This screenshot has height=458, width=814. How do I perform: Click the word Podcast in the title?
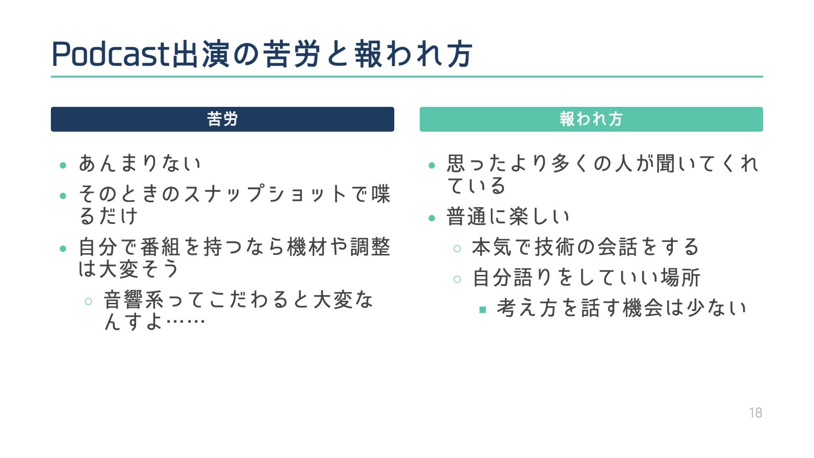click(x=110, y=54)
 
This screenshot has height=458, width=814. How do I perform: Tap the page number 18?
click(x=755, y=413)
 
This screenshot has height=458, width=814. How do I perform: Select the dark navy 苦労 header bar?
click(x=222, y=119)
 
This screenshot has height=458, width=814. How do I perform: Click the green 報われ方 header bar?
click(x=591, y=119)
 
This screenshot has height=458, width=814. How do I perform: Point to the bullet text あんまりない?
click(x=139, y=164)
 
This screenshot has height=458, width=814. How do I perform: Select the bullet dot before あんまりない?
click(x=63, y=165)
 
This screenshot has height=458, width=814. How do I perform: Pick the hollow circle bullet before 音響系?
click(x=88, y=302)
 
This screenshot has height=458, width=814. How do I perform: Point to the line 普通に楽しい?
click(x=508, y=217)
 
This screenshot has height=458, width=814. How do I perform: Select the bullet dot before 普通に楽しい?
click(x=432, y=218)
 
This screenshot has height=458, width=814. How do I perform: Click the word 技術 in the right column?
click(x=555, y=247)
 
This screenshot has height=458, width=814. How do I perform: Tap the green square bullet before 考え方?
click(x=482, y=310)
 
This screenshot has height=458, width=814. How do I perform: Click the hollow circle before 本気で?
click(x=457, y=249)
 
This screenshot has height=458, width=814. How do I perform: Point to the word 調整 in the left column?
click(x=370, y=247)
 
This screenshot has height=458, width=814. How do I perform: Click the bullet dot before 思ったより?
click(x=432, y=165)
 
